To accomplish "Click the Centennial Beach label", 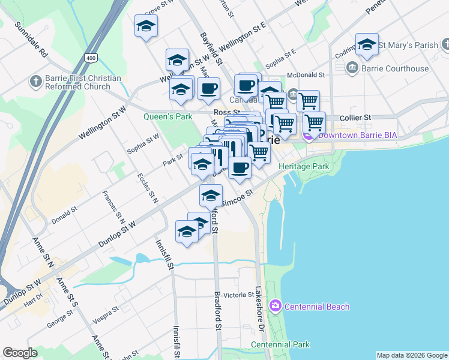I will (x=316, y=307).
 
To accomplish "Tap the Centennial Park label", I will (x=280, y=344).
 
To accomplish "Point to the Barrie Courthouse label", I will (x=395, y=68).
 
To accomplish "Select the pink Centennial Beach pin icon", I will (x=275, y=306).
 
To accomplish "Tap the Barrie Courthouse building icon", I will (x=352, y=68).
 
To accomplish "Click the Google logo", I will (x=20, y=353).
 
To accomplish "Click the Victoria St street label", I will (x=239, y=295).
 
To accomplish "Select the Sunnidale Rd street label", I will (x=32, y=39).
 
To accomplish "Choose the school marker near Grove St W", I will (x=146, y=26).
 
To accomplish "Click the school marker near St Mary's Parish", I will (x=367, y=45).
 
